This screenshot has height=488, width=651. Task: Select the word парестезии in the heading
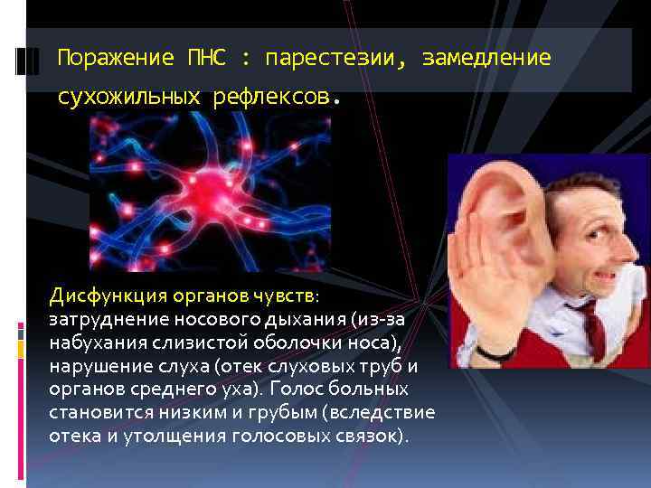click(331, 59)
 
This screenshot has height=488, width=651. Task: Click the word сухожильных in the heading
click(127, 97)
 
